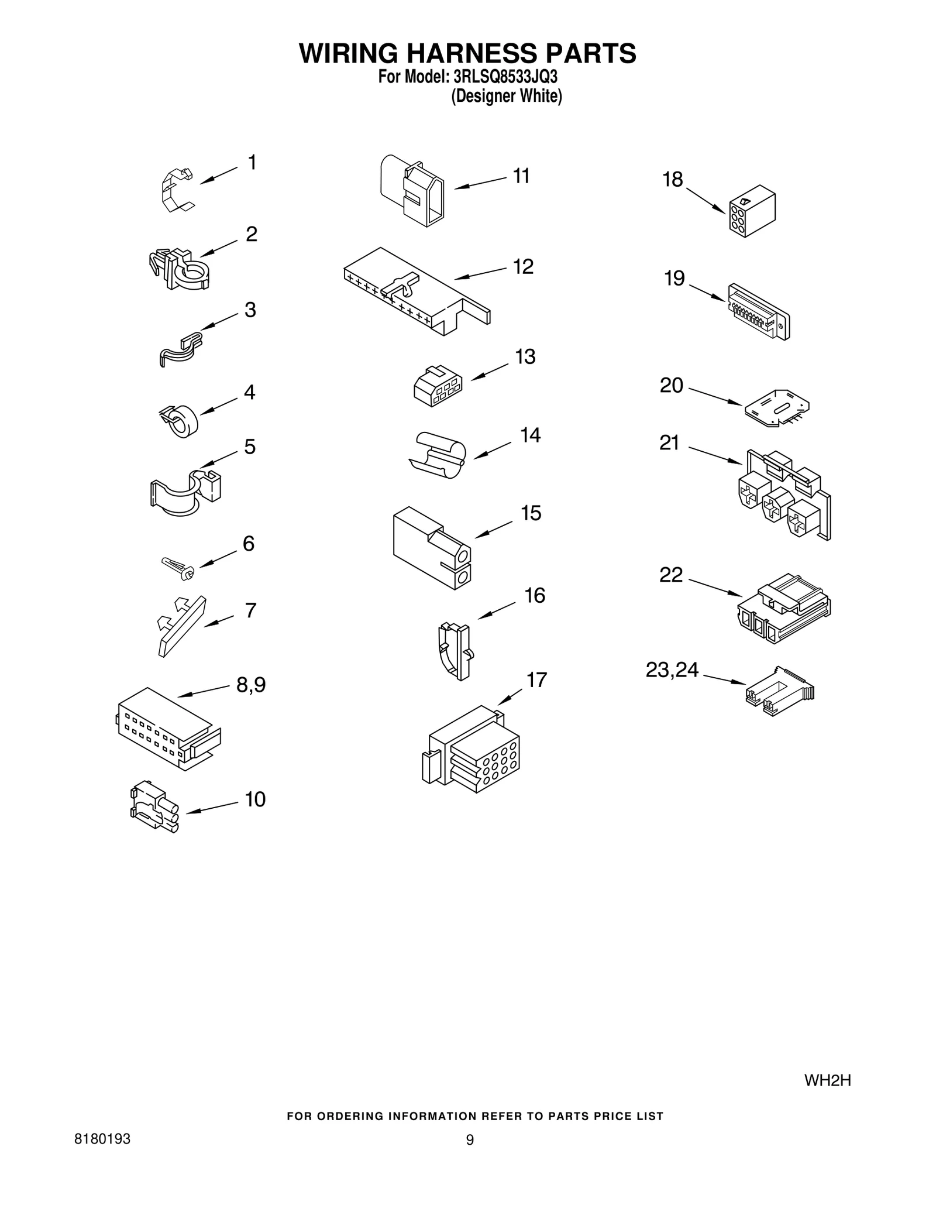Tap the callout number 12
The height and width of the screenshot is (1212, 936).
523,267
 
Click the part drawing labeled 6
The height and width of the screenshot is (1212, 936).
178,568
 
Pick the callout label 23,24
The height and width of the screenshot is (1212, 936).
672,670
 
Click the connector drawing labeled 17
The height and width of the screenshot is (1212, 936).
472,750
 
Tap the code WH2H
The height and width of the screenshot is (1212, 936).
827,1080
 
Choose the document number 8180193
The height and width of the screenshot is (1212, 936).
102,1139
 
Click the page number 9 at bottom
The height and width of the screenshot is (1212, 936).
469,1140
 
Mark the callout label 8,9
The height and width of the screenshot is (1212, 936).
251,685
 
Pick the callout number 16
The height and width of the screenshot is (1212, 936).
535,596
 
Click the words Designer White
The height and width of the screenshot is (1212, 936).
506,96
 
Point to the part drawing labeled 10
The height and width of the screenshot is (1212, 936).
154,806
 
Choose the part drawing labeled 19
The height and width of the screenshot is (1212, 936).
759,311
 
